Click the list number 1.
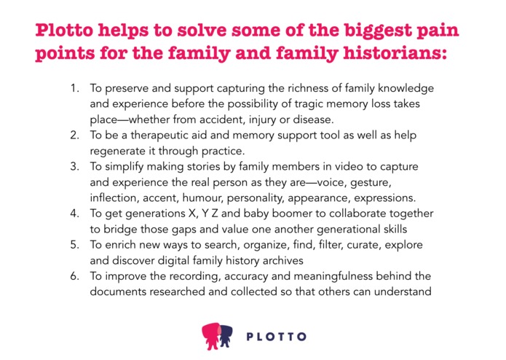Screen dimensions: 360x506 click(x=74, y=88)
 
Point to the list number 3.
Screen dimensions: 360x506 click(x=74, y=167)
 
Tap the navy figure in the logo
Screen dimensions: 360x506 click(x=226, y=334)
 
